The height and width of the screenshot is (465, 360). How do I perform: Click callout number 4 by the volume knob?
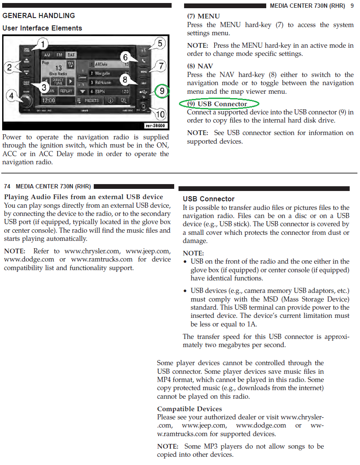click(x=12, y=95)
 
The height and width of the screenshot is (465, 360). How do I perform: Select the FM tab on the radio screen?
click(x=59, y=55)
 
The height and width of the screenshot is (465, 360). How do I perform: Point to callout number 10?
click(x=160, y=114)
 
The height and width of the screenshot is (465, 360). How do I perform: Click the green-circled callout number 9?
click(x=161, y=91)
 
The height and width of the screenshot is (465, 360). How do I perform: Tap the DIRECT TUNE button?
click(x=58, y=81)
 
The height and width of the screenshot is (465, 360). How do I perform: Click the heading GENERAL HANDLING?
click(x=39, y=15)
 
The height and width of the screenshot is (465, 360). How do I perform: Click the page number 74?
click(x=7, y=186)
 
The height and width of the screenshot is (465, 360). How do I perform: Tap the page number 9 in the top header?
click(x=352, y=6)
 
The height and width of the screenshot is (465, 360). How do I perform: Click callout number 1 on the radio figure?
click(x=44, y=44)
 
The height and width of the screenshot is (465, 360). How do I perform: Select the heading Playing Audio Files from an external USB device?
click(x=83, y=197)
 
